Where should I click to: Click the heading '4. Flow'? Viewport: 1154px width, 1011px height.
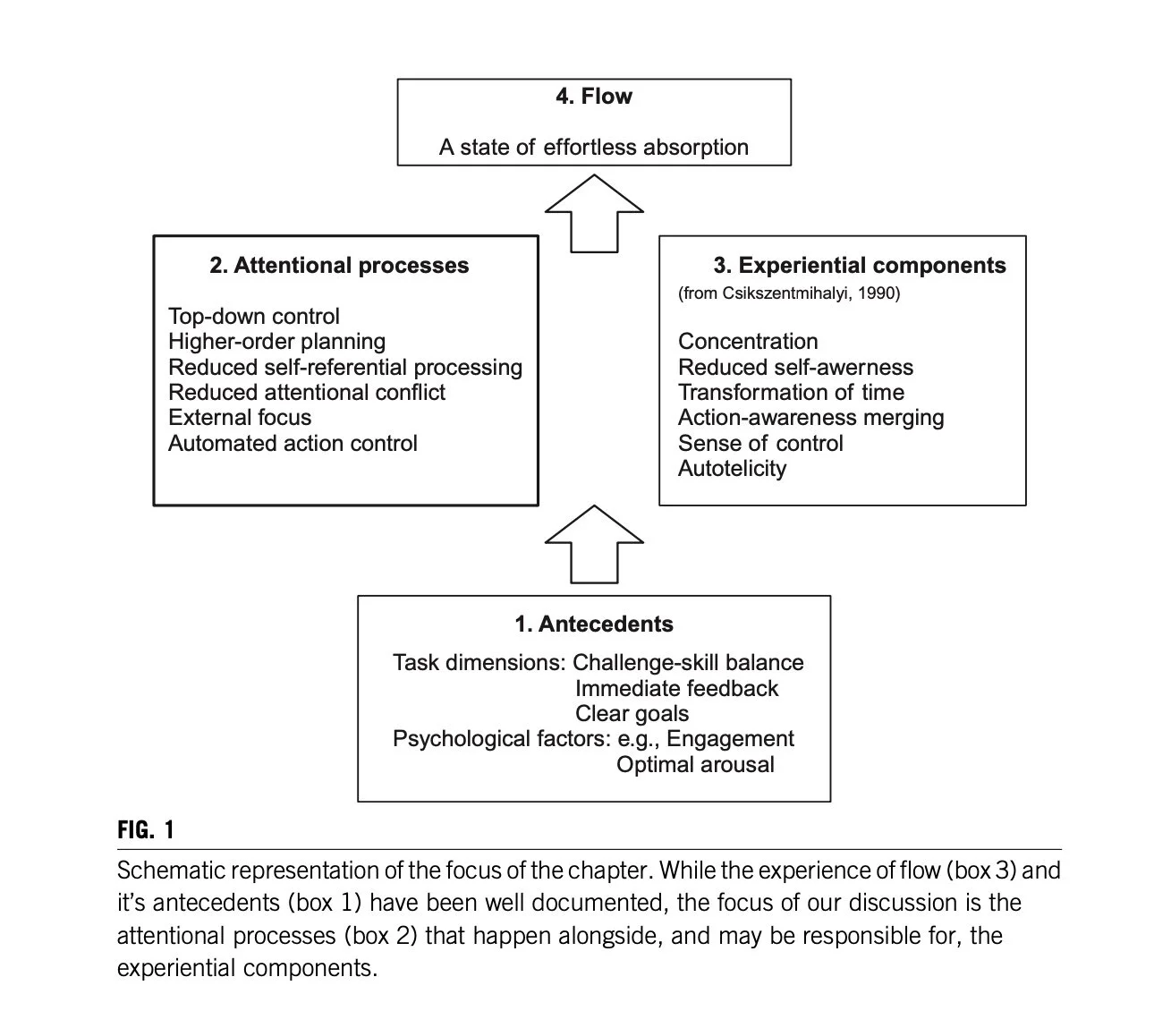[x=593, y=97]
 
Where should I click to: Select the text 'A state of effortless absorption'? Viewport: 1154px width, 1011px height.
[x=593, y=148]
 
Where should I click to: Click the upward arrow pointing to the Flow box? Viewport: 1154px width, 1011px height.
[x=594, y=214]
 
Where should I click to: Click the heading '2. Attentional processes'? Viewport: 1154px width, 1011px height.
[x=339, y=266]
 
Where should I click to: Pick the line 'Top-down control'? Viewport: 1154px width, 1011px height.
[x=254, y=317]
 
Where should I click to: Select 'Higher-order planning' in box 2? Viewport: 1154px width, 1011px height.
[x=276, y=342]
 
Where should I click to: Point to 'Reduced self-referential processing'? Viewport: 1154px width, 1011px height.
[x=345, y=368]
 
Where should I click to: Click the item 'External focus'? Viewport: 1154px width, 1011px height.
[x=240, y=418]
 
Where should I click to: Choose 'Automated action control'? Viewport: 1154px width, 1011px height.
[x=293, y=444]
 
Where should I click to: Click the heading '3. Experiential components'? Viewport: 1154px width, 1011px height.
[x=859, y=266]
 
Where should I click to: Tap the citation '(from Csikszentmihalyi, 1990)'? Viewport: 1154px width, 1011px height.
[x=789, y=293]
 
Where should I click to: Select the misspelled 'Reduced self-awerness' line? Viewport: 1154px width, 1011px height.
[x=795, y=368]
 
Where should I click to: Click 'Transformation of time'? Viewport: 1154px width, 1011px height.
[x=791, y=393]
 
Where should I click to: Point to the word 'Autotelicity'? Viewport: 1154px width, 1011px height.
[x=732, y=469]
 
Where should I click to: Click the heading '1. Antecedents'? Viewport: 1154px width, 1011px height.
[x=594, y=624]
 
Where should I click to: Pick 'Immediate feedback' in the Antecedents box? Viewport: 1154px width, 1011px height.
[x=676, y=689]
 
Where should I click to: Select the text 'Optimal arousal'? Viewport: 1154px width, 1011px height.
[x=695, y=765]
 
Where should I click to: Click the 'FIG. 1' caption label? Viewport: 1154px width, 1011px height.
[x=146, y=830]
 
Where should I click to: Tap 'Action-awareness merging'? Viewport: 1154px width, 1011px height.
[x=810, y=418]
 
